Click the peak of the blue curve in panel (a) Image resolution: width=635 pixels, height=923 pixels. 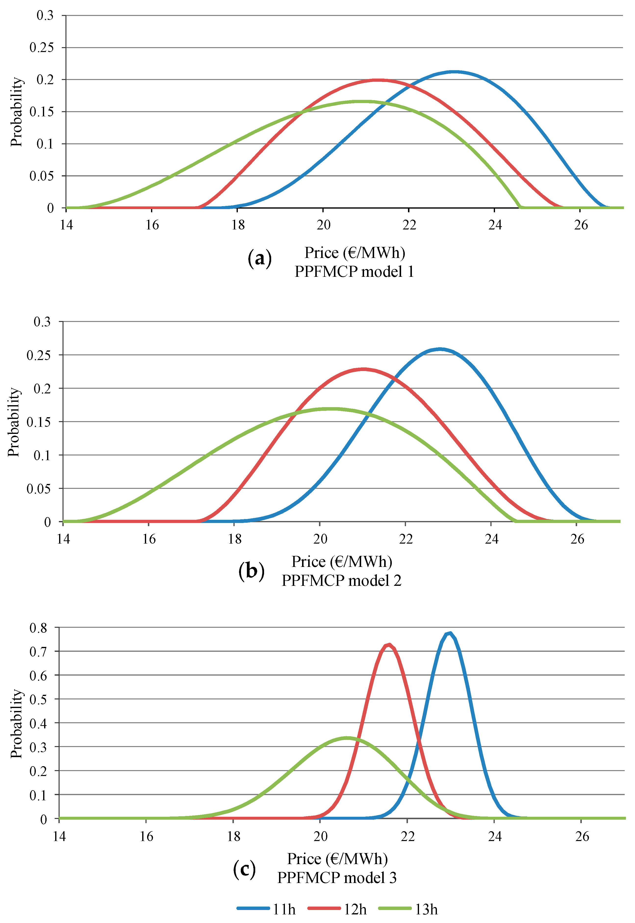[x=454, y=72]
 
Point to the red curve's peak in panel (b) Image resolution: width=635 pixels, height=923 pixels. [x=363, y=369]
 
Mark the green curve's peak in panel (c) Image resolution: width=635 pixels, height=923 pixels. [x=347, y=738]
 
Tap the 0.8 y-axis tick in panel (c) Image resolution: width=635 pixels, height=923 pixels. [x=38, y=628]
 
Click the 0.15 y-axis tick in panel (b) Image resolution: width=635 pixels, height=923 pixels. [x=38, y=422]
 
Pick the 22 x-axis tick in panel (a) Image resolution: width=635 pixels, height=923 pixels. [x=409, y=225]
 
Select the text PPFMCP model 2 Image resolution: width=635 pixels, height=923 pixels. [x=341, y=581]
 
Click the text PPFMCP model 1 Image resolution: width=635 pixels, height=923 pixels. [x=354, y=272]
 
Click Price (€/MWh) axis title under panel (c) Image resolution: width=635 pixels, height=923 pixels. [x=337, y=859]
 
